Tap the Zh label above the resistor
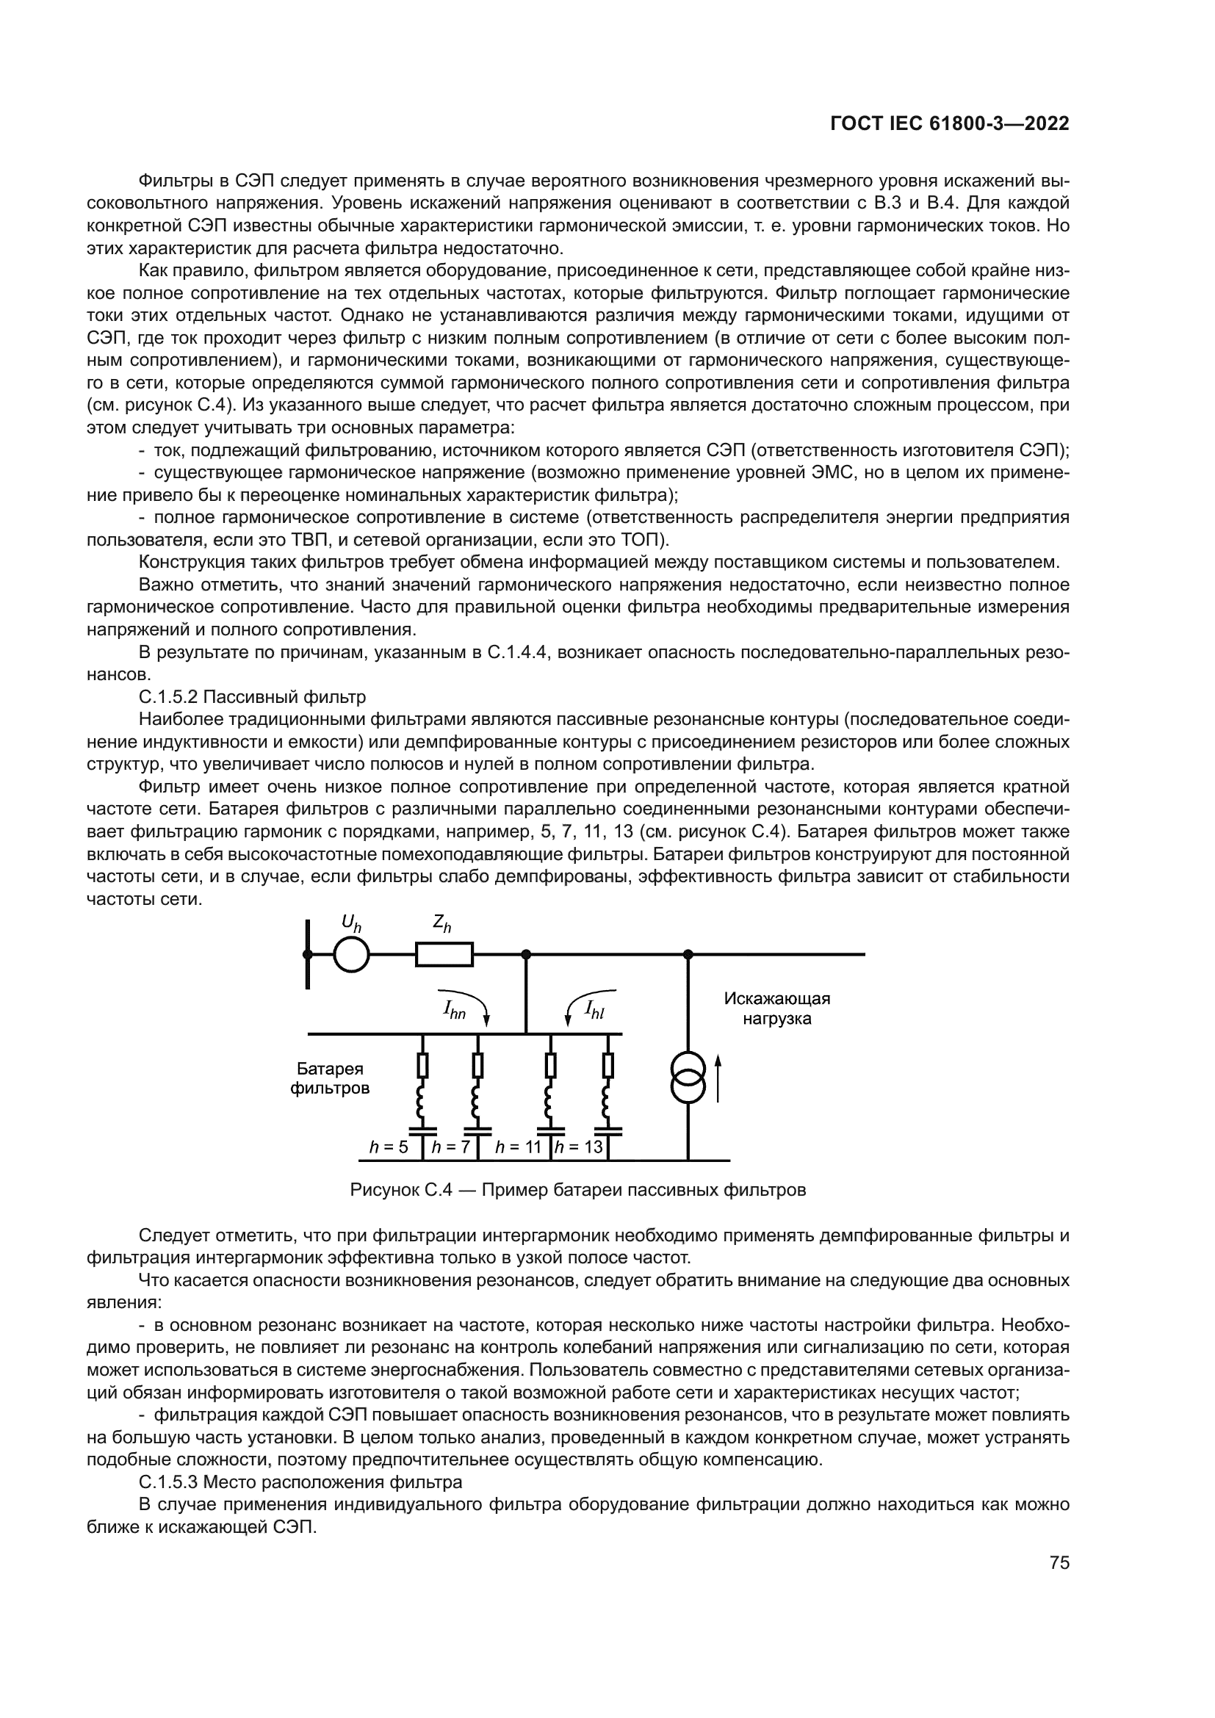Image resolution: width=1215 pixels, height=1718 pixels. click(442, 925)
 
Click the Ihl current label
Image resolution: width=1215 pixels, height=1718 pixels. click(595, 1010)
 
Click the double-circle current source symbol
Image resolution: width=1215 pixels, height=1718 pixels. click(688, 1078)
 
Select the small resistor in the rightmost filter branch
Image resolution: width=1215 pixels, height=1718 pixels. click(608, 1065)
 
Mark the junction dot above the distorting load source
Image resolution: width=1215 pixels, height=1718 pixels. click(688, 954)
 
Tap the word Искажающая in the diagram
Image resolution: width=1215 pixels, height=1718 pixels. click(776, 999)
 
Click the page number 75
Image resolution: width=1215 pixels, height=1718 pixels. click(1059, 1577)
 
